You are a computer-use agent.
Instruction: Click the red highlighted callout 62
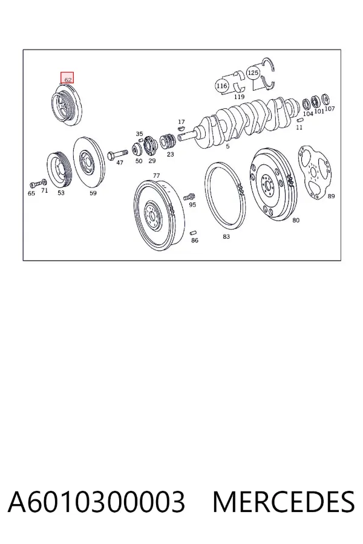67,78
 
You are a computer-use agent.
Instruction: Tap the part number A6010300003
96,502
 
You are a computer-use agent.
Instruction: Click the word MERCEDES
284,502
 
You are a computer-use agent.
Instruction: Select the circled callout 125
253,73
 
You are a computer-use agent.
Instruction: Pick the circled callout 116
221,86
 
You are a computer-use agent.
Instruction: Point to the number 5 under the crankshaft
227,146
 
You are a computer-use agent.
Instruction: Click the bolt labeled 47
117,155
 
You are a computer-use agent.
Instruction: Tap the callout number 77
156,176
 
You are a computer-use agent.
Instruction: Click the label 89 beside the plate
331,196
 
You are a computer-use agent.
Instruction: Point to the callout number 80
296,220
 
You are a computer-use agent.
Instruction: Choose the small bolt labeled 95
189,196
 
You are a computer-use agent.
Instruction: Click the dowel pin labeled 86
194,233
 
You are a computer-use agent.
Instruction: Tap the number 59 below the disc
93,193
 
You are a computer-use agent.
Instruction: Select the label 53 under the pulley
60,193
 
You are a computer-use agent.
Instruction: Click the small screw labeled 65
33,184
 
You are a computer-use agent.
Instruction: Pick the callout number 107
330,109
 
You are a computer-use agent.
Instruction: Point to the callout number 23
170,154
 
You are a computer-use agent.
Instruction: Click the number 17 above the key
181,122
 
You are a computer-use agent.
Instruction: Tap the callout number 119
239,97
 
